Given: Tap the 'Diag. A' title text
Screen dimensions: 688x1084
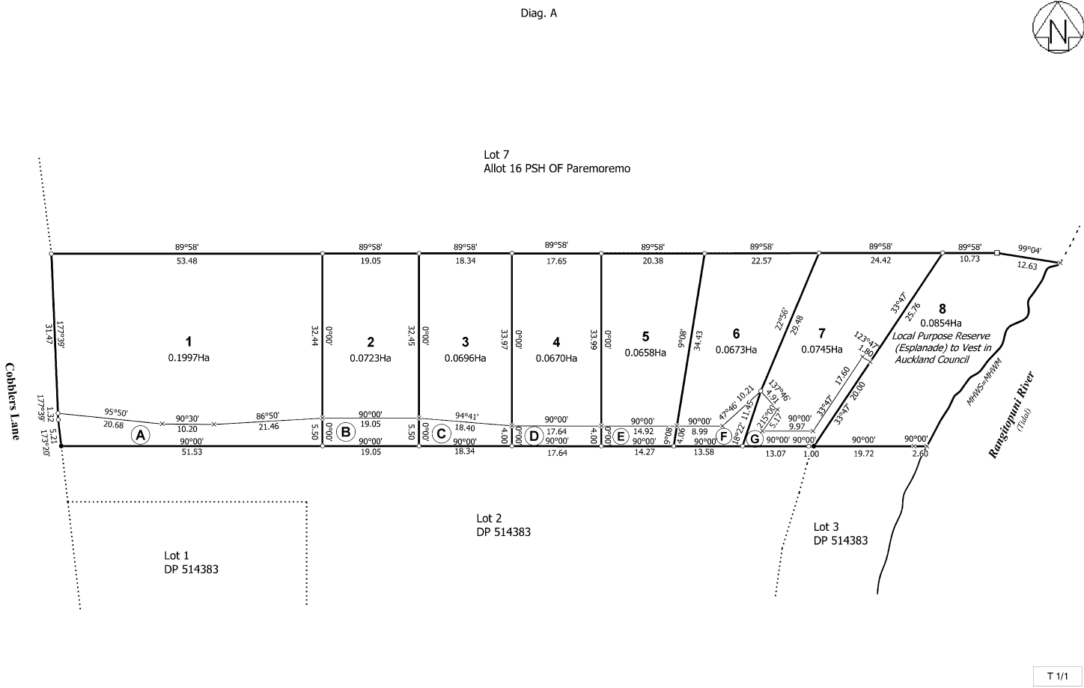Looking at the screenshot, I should coord(538,13).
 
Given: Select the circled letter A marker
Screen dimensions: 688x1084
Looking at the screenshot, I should coord(140,435).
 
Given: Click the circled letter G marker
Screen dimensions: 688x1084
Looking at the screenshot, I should coord(755,438).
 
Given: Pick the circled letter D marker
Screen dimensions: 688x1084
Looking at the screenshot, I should coord(534,436).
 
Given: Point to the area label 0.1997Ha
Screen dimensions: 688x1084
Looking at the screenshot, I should coord(189,358).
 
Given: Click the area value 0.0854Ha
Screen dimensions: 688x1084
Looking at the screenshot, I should coord(941,323).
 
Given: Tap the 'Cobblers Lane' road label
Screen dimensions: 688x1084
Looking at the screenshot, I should coord(10,401).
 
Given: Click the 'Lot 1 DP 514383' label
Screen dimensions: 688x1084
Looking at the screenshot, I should coord(191,562).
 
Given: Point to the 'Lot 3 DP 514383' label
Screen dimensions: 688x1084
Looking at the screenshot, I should coord(840,534).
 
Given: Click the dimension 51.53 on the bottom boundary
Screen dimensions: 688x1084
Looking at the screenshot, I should coord(192,452).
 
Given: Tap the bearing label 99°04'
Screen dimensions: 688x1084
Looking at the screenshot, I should coord(1029,250).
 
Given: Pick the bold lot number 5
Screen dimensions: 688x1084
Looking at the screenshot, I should coord(645,336).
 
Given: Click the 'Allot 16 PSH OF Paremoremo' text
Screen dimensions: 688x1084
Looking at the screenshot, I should coord(557,168).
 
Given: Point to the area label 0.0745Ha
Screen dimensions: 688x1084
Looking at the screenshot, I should coord(821,349).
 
